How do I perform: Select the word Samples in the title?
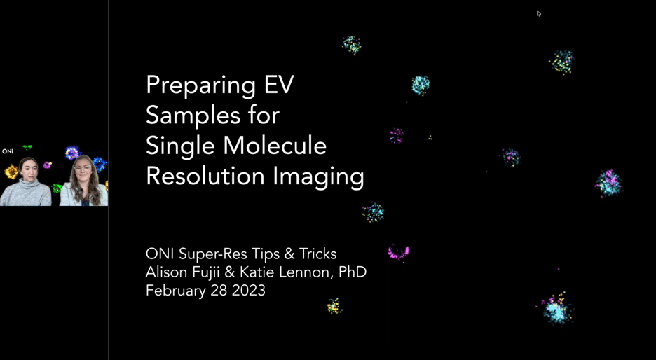pyautogui.click(x=193, y=116)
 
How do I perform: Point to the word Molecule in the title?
pyautogui.click(x=275, y=146)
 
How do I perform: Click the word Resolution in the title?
pyautogui.click(x=205, y=176)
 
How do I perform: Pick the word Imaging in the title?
pyautogui.click(x=318, y=178)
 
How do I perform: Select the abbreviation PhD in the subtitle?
pyautogui.click(x=353, y=272)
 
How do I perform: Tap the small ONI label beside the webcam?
pyautogui.click(x=8, y=151)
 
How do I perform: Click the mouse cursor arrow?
pyautogui.click(x=539, y=13)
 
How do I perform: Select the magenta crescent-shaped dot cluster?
pyautogui.click(x=398, y=253)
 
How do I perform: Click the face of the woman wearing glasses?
pyautogui.click(x=83, y=171)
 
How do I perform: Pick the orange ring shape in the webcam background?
pyautogui.click(x=11, y=172)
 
